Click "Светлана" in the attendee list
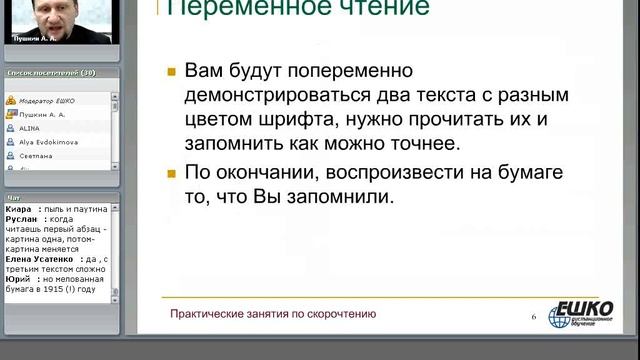(33, 157)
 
